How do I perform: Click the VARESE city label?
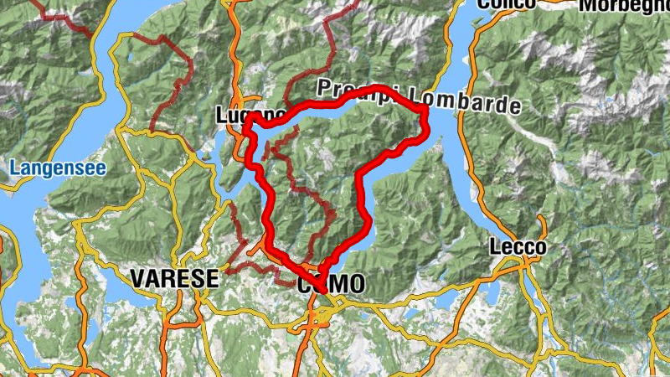coord(173,278)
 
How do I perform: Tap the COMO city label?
coord(332,284)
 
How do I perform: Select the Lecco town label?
coord(518,247)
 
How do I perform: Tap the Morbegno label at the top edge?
coord(623,5)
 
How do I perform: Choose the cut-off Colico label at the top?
coord(506,4)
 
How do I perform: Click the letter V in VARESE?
coord(137,278)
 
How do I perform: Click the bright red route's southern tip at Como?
coord(322,287)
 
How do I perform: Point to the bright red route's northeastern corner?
coord(424,110)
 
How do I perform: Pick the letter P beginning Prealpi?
coord(323,88)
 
